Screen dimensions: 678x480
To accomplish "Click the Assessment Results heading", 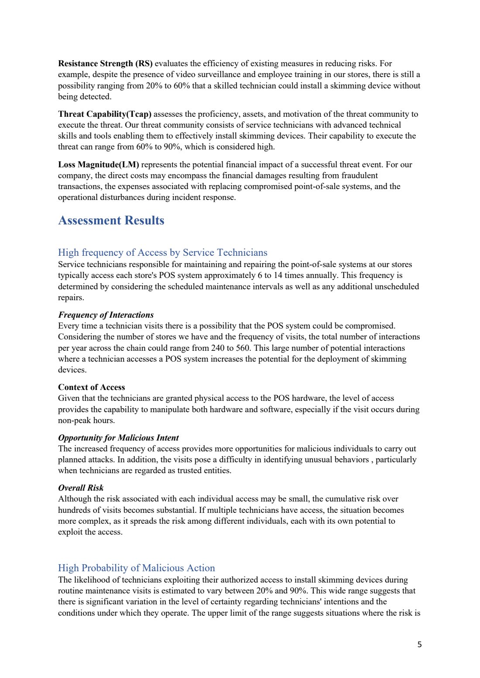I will pos(111,220).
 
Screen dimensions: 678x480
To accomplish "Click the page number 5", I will pos(419,644).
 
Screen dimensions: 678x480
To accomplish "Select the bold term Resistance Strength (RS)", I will pos(105,64).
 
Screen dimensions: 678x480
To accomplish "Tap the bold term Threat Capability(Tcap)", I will pos(105,114).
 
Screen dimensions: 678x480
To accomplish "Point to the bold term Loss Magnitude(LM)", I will pos(99,165).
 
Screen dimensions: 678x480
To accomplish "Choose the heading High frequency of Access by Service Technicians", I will pos(162,253).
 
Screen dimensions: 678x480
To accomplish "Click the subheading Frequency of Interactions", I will pos(106,315).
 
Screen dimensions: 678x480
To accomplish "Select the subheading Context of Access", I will pos(91,387).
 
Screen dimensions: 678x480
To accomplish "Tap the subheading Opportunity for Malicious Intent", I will pos(118,438).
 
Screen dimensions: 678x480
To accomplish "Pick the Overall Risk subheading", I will pos(81,488).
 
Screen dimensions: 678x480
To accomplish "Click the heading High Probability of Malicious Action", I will pos(136,568).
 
